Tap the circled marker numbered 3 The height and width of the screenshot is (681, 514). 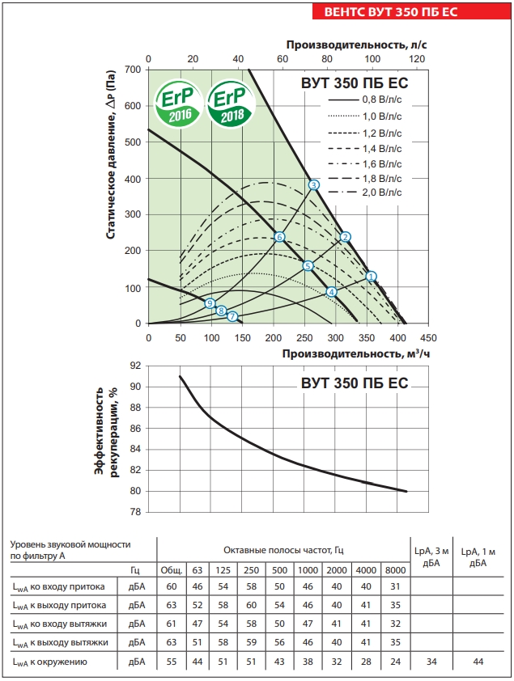[314, 185]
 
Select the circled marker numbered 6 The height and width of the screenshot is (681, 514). [279, 237]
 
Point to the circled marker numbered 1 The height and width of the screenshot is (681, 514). [372, 277]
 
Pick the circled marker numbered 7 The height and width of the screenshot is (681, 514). [232, 316]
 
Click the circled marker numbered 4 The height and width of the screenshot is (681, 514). [331, 292]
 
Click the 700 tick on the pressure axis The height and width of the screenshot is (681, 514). [134, 70]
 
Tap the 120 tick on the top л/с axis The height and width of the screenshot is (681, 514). [416, 59]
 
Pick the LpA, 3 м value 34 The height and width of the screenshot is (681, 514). [431, 663]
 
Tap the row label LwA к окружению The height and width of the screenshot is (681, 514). [57, 663]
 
